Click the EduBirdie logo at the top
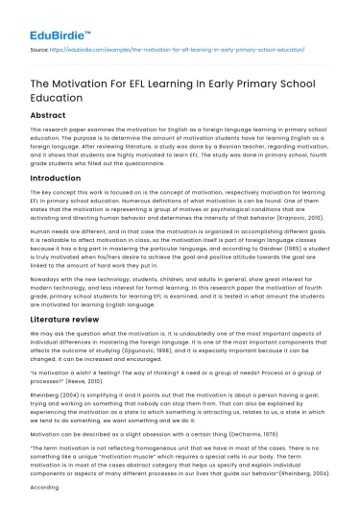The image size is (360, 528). pos(58,20)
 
